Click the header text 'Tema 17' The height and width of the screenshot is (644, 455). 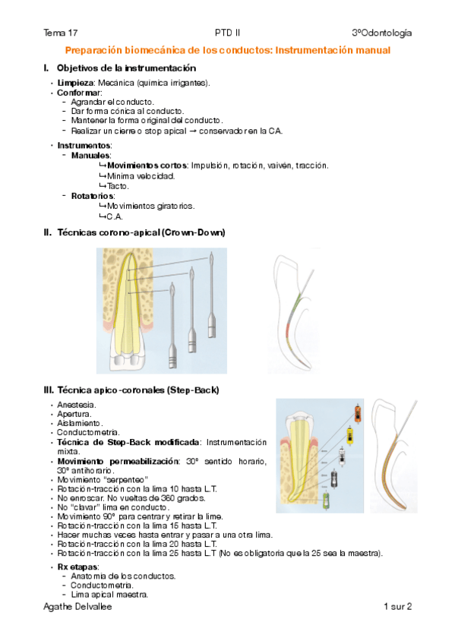(x=60, y=33)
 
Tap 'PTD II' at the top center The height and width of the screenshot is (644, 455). (x=228, y=33)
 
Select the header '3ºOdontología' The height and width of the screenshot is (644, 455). (x=382, y=33)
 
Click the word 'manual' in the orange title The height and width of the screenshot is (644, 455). (x=373, y=51)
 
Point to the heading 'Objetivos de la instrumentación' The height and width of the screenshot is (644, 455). (x=126, y=68)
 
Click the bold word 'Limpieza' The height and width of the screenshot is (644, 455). (x=75, y=83)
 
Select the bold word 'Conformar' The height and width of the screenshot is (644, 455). (x=79, y=93)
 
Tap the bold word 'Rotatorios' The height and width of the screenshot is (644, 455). (x=93, y=196)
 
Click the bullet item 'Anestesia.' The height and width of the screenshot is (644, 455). (x=77, y=405)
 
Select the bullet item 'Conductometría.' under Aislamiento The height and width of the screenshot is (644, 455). (x=88, y=432)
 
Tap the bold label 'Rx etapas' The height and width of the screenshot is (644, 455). (x=77, y=567)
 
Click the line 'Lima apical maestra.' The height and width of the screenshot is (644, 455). (x=109, y=595)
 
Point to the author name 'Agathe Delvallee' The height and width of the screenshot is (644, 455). (x=77, y=607)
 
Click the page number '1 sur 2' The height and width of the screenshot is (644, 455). (x=397, y=607)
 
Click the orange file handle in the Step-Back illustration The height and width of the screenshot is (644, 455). (x=357, y=414)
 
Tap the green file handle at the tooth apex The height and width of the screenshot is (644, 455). (x=326, y=500)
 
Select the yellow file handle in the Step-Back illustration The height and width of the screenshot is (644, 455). (x=349, y=436)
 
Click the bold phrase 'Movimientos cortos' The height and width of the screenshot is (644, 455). (x=147, y=166)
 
